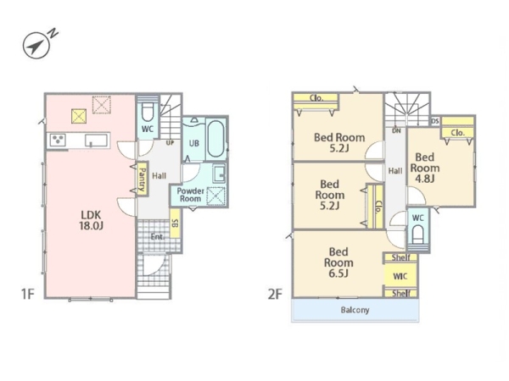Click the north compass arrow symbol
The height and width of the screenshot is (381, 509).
click(36, 46)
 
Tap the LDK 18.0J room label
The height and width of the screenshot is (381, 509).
click(92, 220)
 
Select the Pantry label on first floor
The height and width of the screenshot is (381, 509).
click(143, 179)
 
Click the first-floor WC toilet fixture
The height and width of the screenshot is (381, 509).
click(148, 112)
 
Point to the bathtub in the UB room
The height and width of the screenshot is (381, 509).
click(216, 139)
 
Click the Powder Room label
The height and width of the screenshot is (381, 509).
click(190, 195)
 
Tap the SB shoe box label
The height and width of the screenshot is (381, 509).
click(175, 224)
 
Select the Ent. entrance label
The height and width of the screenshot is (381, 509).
click(158, 237)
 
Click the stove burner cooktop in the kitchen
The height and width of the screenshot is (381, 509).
click(59, 141)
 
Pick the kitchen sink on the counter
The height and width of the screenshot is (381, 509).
click(96, 141)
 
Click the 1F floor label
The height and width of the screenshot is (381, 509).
click(28, 294)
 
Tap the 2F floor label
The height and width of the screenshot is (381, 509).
click(275, 294)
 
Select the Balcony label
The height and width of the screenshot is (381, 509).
click(355, 310)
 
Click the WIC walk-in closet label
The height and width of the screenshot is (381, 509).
click(400, 276)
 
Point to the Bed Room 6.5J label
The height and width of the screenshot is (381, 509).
click(338, 262)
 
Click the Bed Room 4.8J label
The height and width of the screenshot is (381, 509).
click(425, 168)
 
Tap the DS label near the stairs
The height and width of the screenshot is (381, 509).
click(435, 121)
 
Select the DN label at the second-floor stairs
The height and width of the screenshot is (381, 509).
click(396, 131)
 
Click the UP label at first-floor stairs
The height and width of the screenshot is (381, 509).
click(171, 142)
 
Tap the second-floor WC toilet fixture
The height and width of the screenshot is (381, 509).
click(418, 235)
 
